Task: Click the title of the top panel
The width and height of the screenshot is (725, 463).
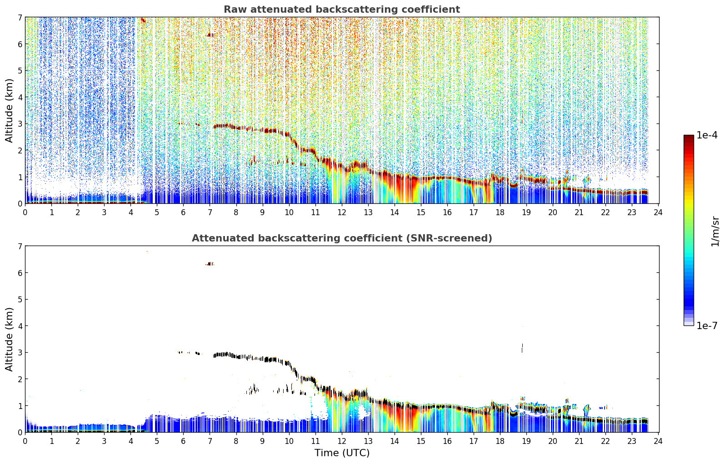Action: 342,10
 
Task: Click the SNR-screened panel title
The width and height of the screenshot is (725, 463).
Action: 342,238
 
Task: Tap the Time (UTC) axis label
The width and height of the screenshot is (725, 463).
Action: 342,453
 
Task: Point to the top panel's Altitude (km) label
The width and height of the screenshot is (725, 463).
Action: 9,111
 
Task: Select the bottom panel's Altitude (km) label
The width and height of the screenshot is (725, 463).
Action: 9,340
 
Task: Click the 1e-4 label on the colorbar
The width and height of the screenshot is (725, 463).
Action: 707,135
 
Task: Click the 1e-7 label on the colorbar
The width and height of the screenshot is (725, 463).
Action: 707,325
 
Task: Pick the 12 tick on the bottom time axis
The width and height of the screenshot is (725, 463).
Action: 342,441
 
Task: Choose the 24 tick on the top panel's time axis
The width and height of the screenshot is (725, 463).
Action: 658,212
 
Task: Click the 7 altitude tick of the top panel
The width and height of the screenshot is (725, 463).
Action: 20,18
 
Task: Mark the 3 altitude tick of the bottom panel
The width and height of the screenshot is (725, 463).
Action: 20,352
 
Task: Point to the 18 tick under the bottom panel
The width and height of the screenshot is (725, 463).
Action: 500,441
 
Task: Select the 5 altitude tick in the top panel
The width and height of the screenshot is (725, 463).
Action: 20,71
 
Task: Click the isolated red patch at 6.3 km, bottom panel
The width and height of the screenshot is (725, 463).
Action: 210,264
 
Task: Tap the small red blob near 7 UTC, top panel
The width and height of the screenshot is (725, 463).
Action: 210,35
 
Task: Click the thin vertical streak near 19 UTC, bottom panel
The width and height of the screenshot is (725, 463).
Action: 522,348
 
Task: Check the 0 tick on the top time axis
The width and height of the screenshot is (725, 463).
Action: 25,212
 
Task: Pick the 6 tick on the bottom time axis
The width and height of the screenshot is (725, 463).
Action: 183,441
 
